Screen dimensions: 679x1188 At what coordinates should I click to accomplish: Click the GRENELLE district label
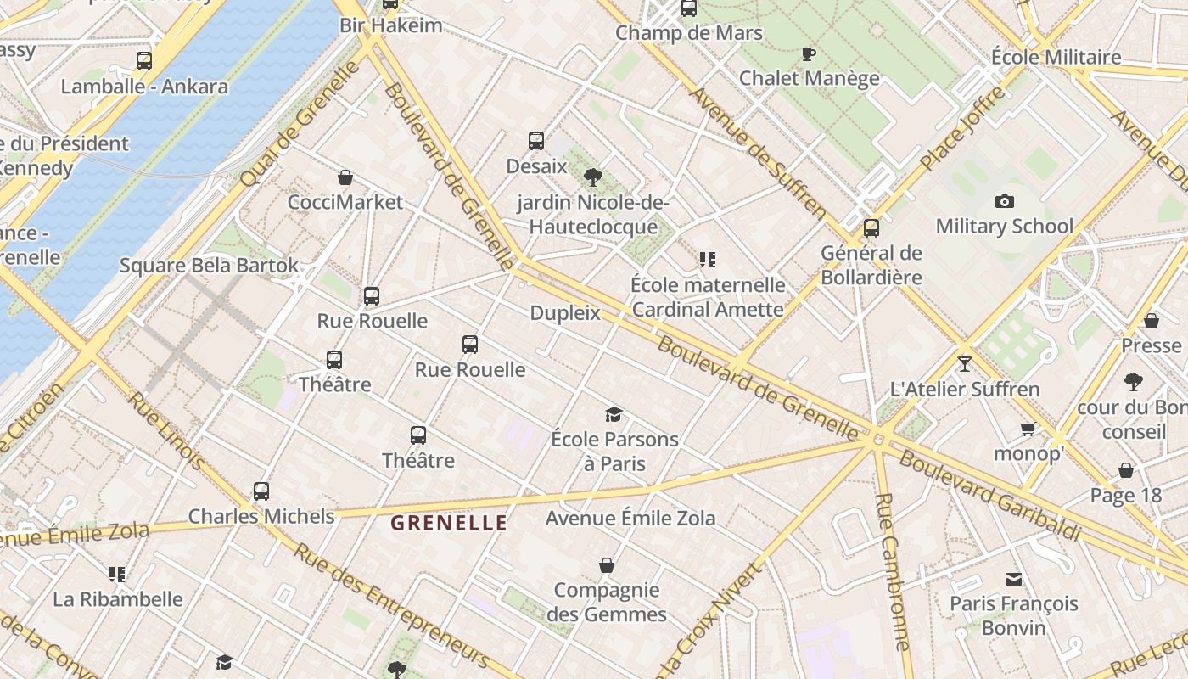[x=449, y=523]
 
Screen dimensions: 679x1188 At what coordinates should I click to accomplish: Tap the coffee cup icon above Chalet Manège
[x=809, y=54]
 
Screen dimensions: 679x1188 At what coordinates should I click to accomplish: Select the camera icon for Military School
[x=1005, y=201]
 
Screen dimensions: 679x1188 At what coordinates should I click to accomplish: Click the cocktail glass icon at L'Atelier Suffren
[x=964, y=364]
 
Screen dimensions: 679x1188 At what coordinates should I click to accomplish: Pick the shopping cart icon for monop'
[x=1028, y=429]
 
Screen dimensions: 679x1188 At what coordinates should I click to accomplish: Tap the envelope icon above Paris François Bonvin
[x=1013, y=580]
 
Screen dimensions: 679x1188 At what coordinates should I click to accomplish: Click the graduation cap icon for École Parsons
[x=614, y=414]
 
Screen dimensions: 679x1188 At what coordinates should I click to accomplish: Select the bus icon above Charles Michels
[x=261, y=491]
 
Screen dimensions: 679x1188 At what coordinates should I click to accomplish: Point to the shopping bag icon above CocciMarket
[x=345, y=177]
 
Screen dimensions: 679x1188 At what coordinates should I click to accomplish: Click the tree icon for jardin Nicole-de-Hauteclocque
[x=593, y=177]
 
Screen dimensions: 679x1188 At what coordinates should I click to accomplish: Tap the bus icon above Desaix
[x=536, y=141]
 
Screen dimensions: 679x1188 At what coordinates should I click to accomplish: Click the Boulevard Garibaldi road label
[x=989, y=497]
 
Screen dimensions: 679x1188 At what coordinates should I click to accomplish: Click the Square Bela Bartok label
[x=209, y=266]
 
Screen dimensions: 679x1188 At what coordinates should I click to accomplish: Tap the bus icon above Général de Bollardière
[x=871, y=228]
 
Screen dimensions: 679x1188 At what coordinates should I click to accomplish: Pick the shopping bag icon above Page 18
[x=1126, y=470]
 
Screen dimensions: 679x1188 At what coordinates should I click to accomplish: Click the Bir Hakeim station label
[x=390, y=25]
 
